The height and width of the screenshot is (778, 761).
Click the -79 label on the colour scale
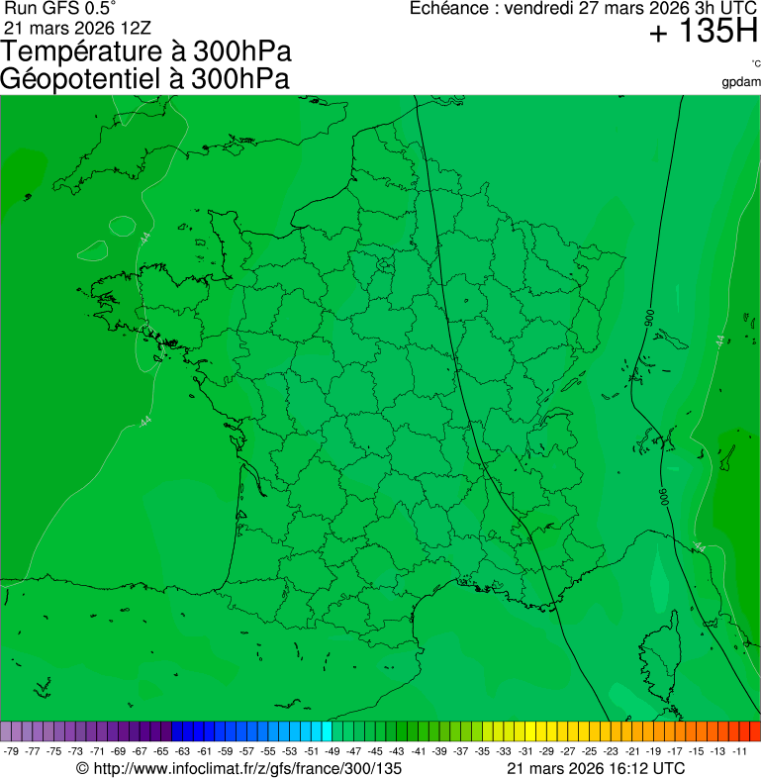point(12,751)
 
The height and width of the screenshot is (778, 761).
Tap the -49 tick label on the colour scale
point(332,751)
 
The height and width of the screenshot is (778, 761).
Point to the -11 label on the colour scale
point(739,751)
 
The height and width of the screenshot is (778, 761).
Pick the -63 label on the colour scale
point(182,751)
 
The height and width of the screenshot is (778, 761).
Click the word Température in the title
point(78,52)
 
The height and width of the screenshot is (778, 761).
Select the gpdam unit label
point(741,81)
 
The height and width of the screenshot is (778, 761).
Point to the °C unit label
point(755,64)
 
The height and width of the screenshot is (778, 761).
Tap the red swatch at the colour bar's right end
point(755,731)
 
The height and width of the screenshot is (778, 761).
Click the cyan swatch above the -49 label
point(327,731)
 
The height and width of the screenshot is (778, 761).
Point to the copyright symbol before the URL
point(83,768)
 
